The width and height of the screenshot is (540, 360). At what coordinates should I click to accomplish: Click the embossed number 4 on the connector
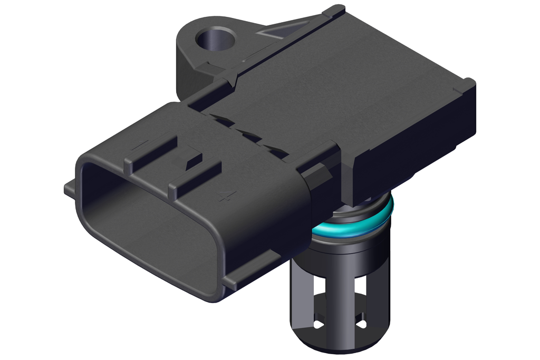[x=227, y=196]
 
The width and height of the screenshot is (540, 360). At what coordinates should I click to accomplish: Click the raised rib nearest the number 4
[x=195, y=177]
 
